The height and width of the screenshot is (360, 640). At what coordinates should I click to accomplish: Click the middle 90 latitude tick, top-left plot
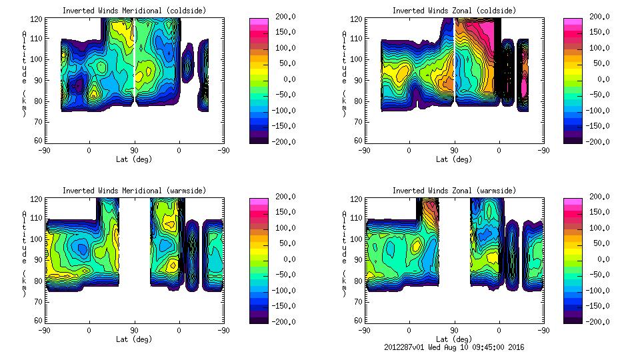coord(134,150)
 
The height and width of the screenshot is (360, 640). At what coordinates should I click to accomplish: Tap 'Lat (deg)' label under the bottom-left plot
coord(134,339)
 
